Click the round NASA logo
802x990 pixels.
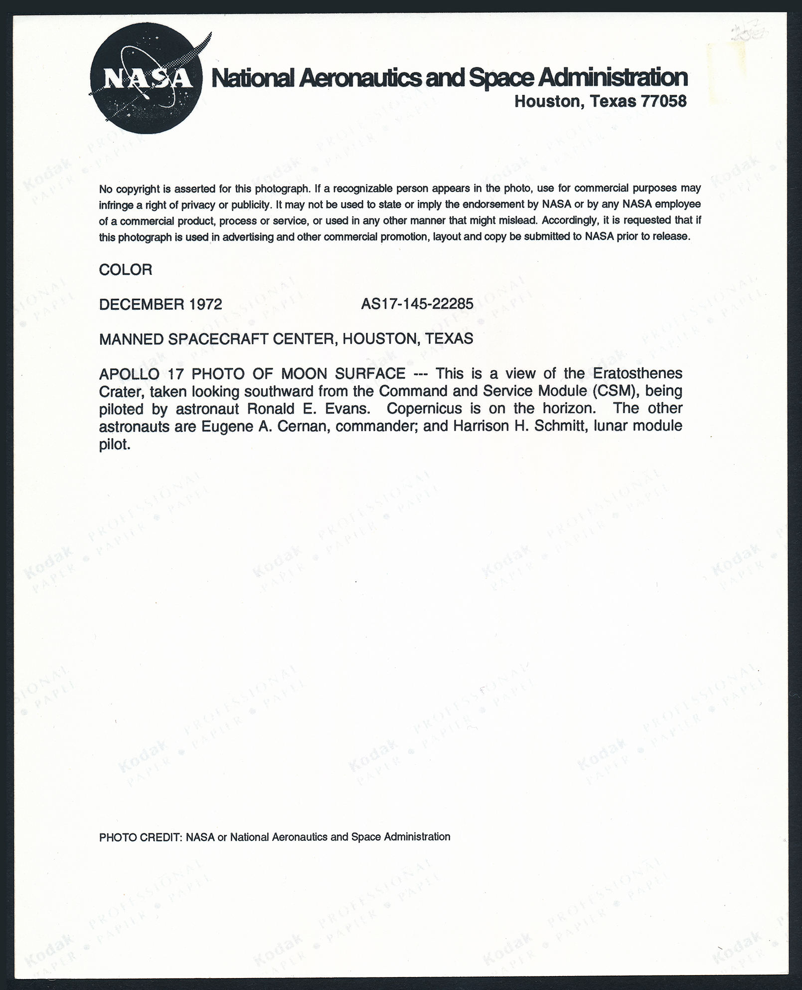coord(146,78)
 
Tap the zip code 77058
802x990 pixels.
coord(663,101)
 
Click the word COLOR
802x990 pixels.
coord(126,270)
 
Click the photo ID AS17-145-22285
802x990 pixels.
coord(417,304)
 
